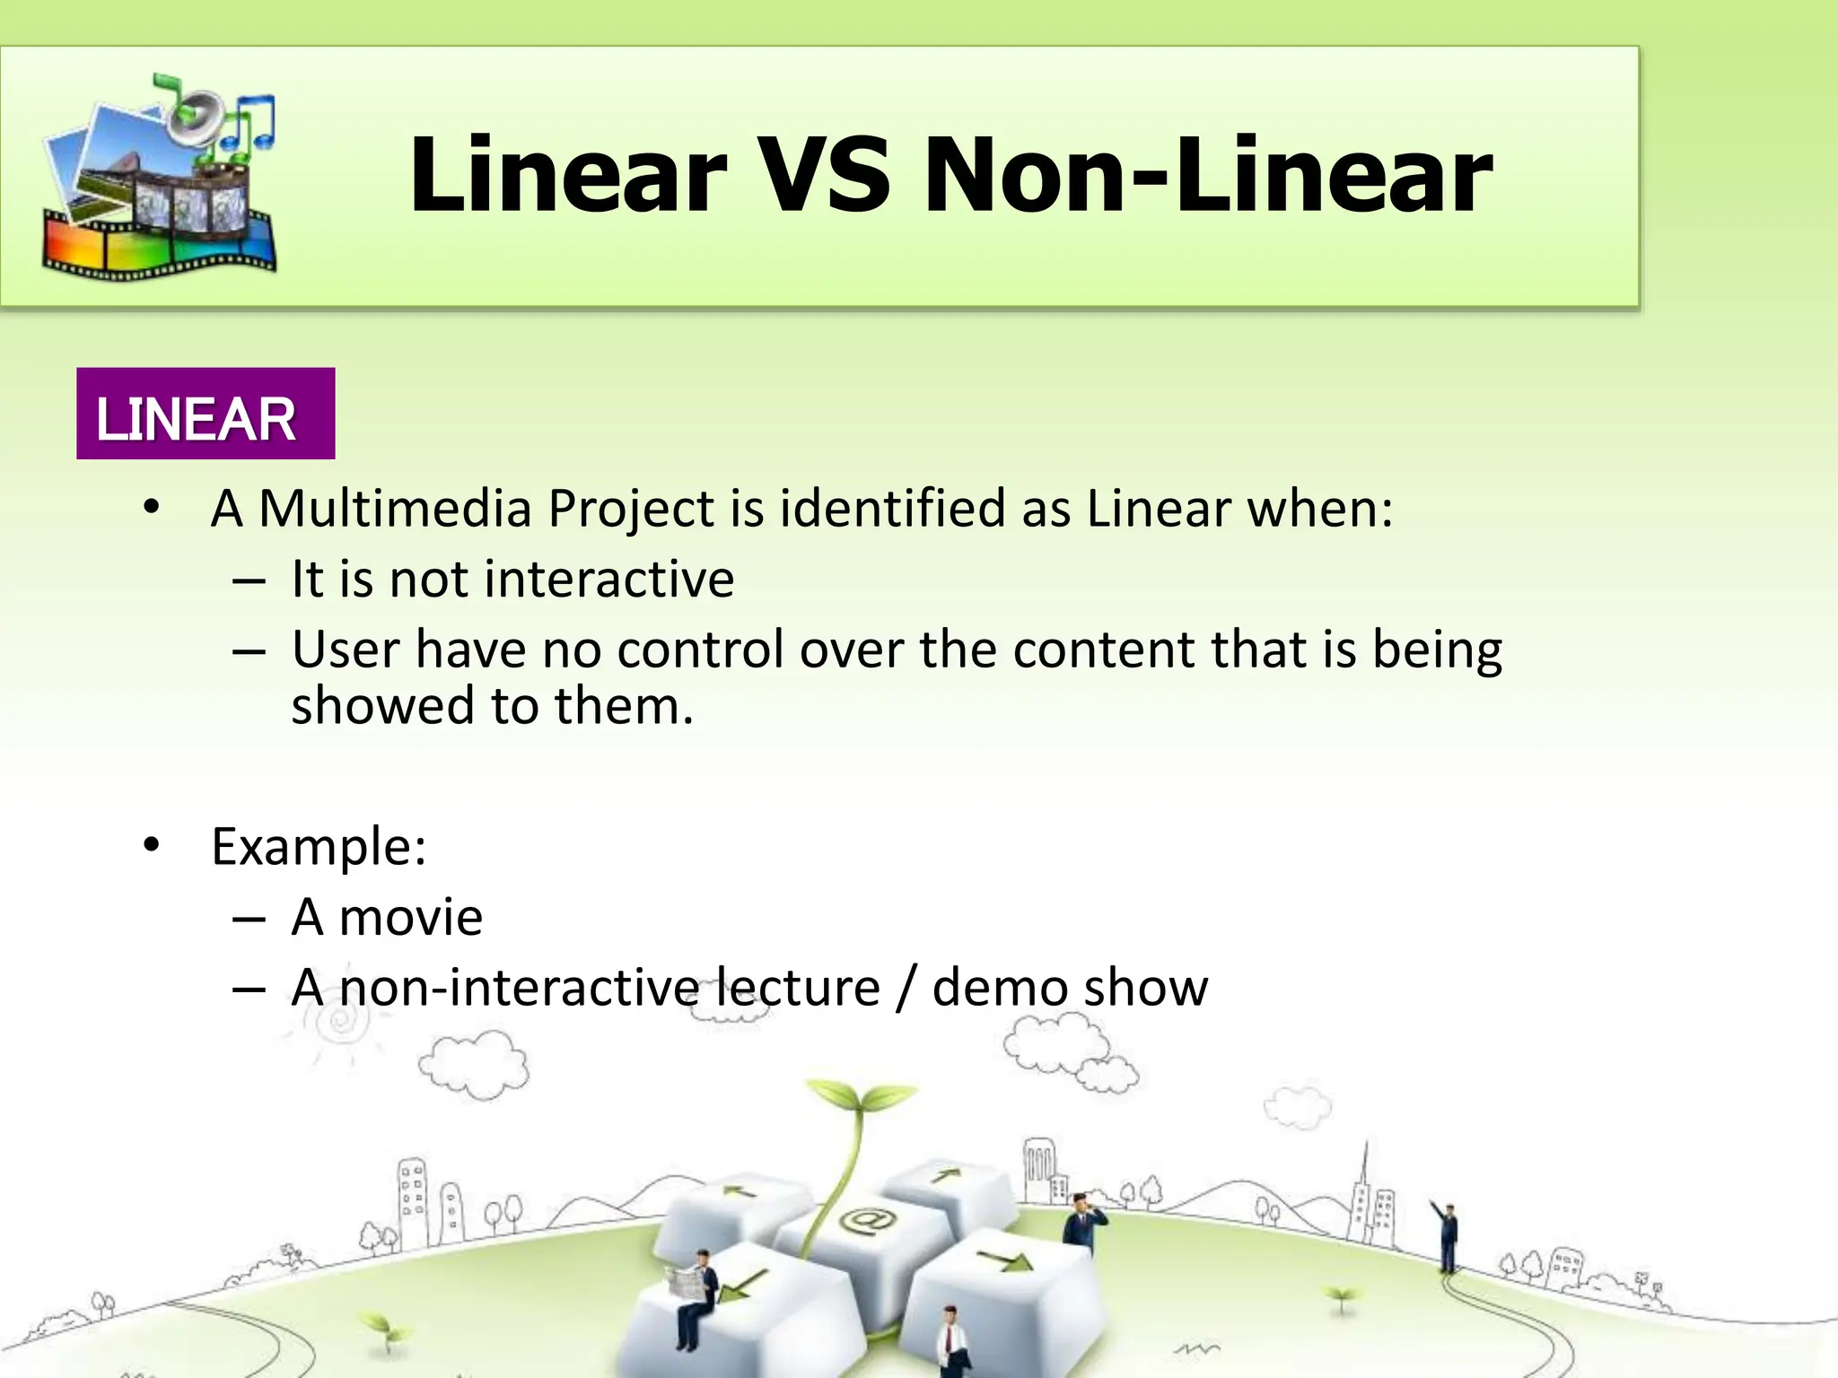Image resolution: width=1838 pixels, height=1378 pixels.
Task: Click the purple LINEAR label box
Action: (x=206, y=414)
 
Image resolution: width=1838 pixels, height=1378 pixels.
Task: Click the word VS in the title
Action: (x=824, y=175)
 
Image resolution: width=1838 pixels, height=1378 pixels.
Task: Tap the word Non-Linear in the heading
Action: (x=1207, y=175)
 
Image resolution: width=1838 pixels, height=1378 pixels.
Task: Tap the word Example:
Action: (x=319, y=846)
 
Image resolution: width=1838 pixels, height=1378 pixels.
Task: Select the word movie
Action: (x=411, y=918)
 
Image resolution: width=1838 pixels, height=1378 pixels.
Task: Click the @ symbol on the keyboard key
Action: (x=867, y=1220)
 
